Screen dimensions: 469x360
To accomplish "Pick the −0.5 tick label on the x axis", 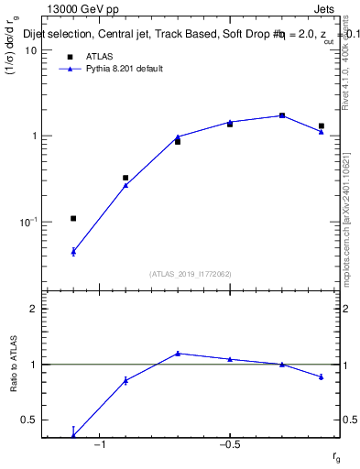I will click(228, 445).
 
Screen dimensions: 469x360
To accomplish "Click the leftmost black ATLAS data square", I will click(73, 218).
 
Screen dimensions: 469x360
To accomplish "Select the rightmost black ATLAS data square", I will click(322, 125).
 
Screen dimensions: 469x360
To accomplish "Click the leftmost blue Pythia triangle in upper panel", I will click(73, 250).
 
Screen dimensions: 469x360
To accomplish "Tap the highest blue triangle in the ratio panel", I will click(178, 353).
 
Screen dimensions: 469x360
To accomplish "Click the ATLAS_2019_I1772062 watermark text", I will click(191, 274).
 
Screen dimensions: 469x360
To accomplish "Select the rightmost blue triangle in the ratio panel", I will click(322, 376).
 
